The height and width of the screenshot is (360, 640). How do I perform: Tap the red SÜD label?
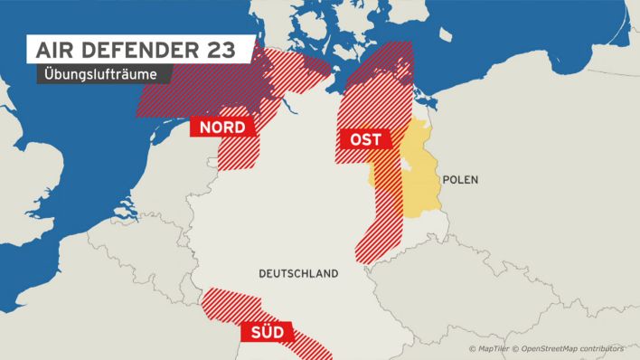(267, 333)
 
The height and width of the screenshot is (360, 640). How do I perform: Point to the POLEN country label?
(460, 180)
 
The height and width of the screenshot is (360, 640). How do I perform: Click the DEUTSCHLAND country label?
(297, 273)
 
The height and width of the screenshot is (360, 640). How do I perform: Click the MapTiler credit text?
(491, 348)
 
